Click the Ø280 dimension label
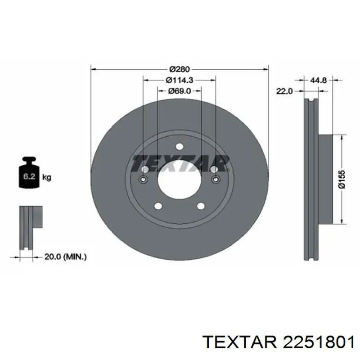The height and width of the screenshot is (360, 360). [x=180, y=69]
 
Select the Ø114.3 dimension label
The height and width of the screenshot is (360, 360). [x=180, y=80]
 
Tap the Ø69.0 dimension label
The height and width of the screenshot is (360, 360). [x=179, y=91]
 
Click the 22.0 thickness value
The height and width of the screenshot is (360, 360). [x=284, y=91]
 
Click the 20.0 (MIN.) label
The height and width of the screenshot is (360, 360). [x=66, y=256]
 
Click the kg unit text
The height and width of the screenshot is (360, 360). [x=46, y=177]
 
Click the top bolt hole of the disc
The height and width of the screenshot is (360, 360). [x=180, y=147]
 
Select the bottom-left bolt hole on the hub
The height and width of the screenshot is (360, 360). [x=158, y=206]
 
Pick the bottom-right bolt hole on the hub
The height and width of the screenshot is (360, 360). [x=201, y=206]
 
